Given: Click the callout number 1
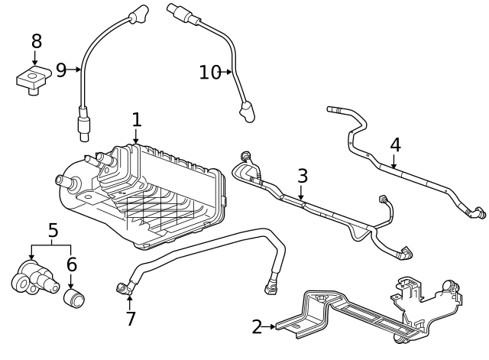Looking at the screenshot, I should coord(136,120).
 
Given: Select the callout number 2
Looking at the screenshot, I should coord(257,327).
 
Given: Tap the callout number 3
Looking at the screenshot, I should coord(303,176).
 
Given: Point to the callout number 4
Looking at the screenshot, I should coord(395,144).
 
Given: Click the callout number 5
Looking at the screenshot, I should coord(53,230).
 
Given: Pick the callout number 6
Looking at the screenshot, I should coord(71,264).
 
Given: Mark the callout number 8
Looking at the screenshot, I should coord(36,41).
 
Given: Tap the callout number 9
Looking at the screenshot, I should coord(61,70).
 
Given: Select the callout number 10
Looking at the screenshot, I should coord(209,73).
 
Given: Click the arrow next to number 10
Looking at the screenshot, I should coord(228,73).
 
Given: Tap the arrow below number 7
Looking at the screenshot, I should coord(130,300).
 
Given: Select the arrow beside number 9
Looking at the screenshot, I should coord(75,70).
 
